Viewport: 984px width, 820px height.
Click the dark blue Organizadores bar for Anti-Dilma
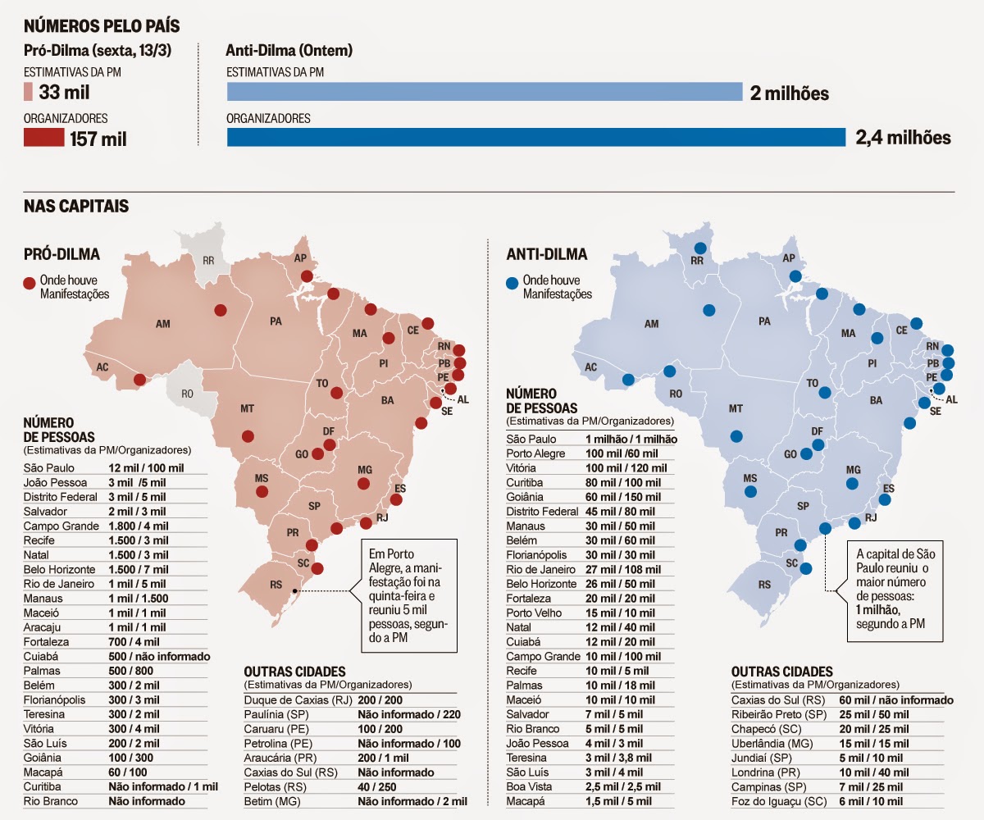pos(535,137)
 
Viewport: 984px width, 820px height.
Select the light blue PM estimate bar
pos(484,92)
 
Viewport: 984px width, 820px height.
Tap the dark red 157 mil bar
pos(43,138)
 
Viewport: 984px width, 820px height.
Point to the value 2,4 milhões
pos(903,138)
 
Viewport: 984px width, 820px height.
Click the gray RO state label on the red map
pos(187,394)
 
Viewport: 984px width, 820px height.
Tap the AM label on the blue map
pos(651,325)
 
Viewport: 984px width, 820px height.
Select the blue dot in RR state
pos(700,248)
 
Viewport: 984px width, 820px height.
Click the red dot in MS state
pos(262,492)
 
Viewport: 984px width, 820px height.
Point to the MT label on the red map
pos(247,408)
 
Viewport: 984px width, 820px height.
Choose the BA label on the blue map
pos(876,400)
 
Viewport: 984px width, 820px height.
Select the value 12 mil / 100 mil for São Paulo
pos(146,467)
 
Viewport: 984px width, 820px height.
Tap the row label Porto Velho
pos(534,613)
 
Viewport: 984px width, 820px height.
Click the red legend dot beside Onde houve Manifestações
pos(30,284)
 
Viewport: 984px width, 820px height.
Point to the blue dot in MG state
pos(852,484)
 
